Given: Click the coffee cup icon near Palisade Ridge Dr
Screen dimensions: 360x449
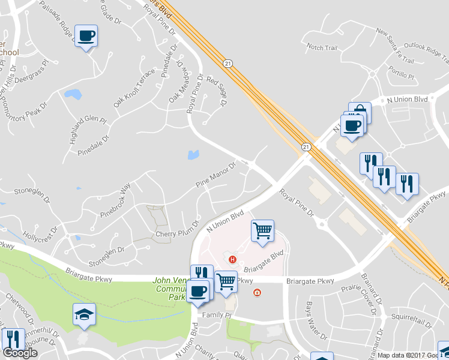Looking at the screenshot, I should point(86,36).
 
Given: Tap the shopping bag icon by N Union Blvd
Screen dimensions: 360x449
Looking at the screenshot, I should point(360,112).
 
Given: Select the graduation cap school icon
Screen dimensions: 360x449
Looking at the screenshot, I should point(85,314).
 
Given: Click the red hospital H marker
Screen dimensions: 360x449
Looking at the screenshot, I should point(233,259).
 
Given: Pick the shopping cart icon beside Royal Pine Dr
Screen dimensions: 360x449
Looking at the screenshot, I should point(262,230).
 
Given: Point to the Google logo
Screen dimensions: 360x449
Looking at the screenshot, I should point(20,353).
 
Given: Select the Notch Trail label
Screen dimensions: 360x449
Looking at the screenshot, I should point(322,46).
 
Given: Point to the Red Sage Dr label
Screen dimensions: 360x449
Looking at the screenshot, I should point(217,91).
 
